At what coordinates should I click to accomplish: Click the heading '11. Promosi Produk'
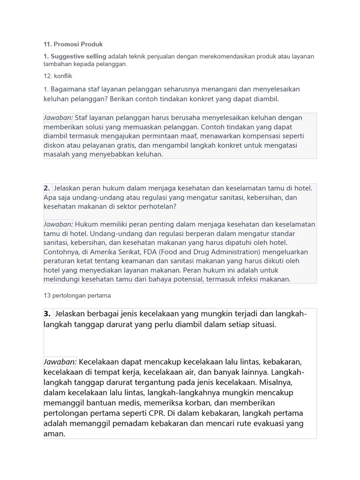[73, 45]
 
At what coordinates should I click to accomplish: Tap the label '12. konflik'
[58, 75]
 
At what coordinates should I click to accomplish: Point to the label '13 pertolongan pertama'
[77, 296]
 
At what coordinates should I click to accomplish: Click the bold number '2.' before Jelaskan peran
[47, 188]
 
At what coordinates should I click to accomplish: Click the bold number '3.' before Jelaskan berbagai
[47, 314]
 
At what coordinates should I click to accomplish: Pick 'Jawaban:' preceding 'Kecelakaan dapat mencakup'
[60, 362]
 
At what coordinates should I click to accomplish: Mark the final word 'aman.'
[54, 434]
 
